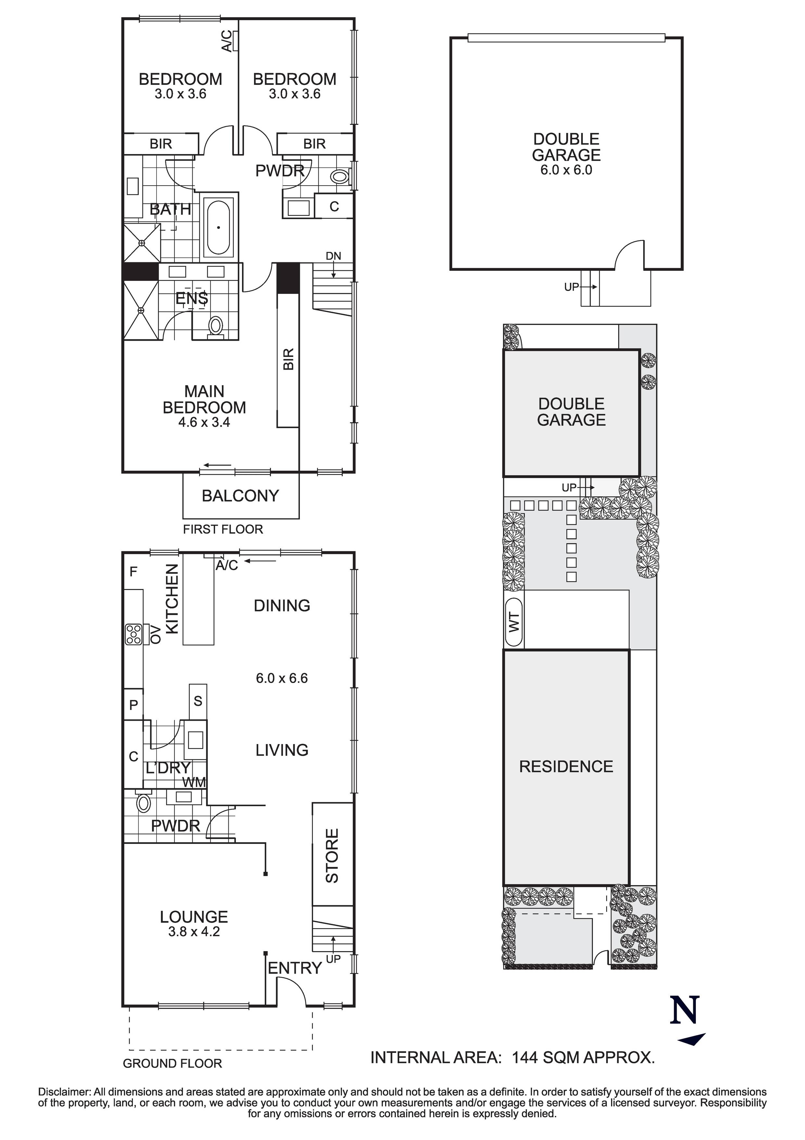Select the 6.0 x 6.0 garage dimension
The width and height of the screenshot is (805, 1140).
(566, 170)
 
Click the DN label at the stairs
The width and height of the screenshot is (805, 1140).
(334, 256)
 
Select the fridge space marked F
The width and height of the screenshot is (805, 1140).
(133, 571)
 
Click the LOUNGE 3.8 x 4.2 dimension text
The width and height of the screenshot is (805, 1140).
(194, 931)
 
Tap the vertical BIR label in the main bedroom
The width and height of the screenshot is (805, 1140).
(288, 359)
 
